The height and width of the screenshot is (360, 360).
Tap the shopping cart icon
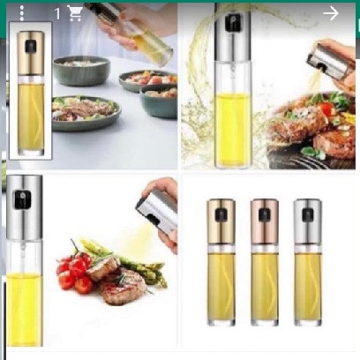(75, 14)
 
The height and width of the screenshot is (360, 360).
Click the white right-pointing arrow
(331, 13)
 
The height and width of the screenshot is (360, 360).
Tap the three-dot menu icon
(22, 13)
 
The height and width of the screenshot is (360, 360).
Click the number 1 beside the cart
(57, 14)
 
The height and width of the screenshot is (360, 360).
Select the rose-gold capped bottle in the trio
(265, 262)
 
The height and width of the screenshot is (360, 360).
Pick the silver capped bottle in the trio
(308, 262)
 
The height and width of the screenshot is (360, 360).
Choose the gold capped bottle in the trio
(221, 262)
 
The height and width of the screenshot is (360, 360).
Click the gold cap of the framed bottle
(31, 53)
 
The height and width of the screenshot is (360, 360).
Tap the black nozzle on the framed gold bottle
(31, 47)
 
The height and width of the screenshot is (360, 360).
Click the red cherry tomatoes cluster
(73, 272)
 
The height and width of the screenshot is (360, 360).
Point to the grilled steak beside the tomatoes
(122, 285)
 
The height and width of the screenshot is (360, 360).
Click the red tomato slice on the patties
(326, 109)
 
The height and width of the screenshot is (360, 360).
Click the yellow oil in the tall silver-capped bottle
(232, 130)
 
